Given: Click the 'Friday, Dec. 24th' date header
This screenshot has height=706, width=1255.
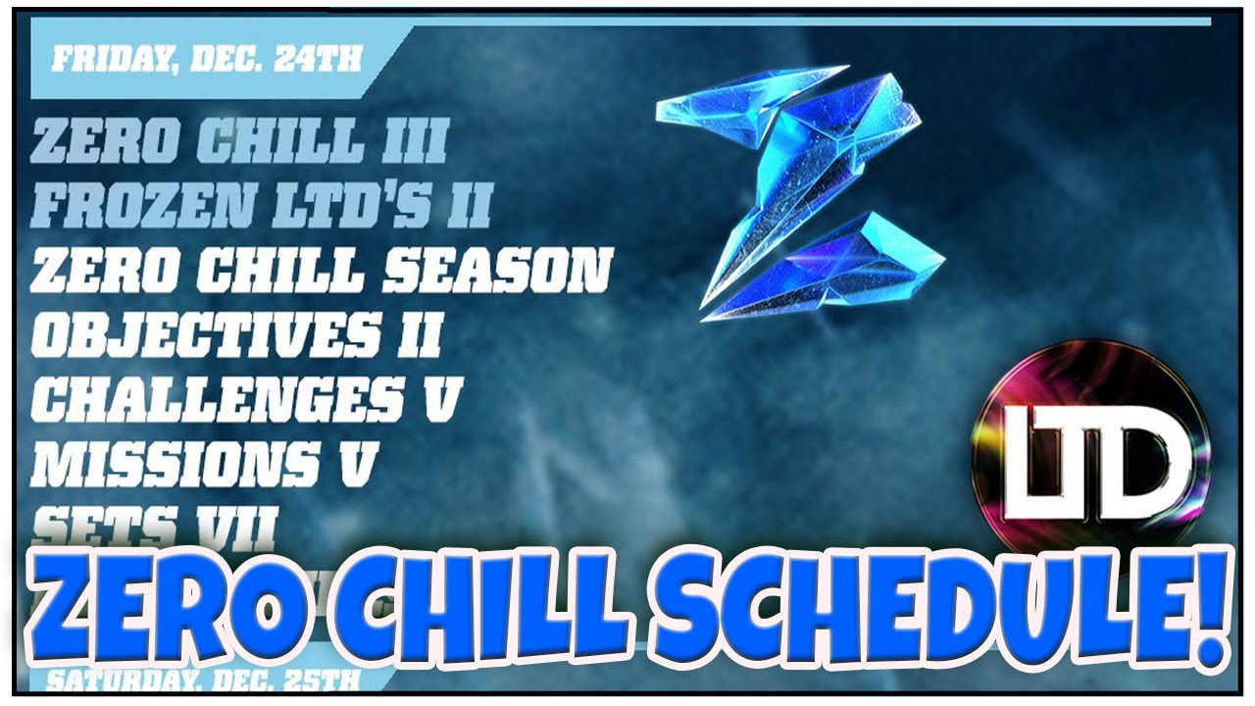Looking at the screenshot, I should pyautogui.click(x=206, y=59).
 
